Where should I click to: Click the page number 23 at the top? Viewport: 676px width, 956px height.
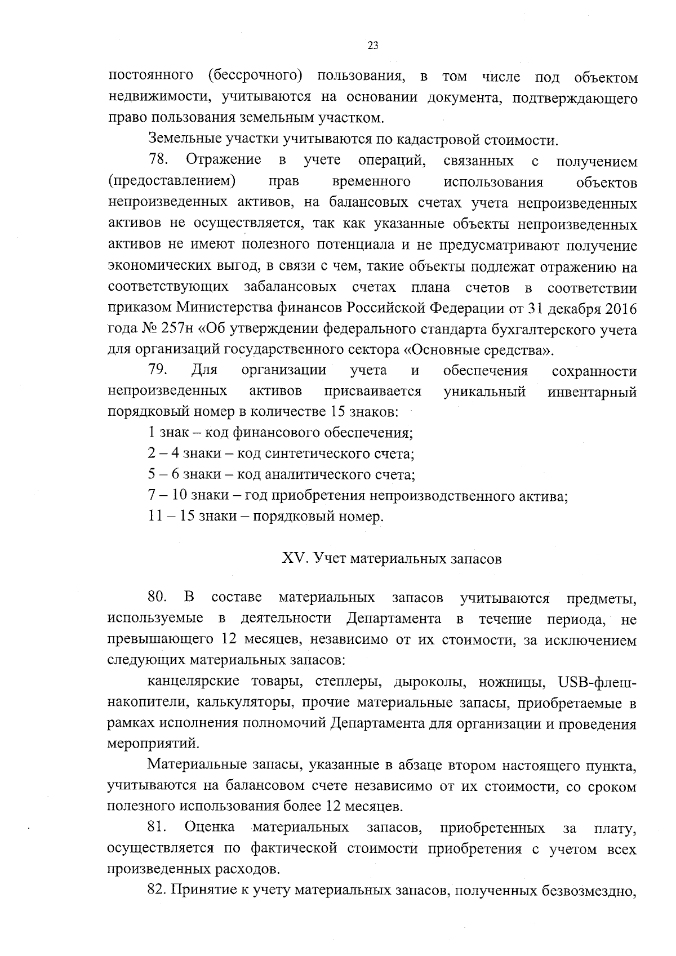372,46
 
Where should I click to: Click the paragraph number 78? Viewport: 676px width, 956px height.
158,161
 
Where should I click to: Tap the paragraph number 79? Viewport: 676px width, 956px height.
158,370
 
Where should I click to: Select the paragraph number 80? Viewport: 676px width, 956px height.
158,597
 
